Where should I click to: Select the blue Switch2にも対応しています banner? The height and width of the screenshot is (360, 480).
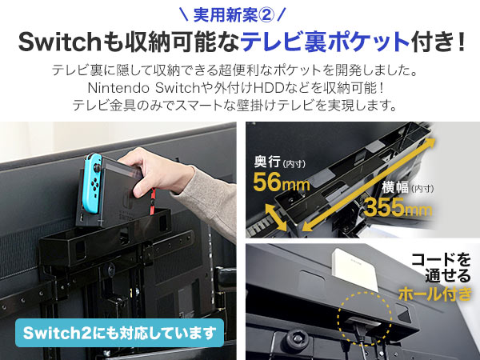[118, 332]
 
